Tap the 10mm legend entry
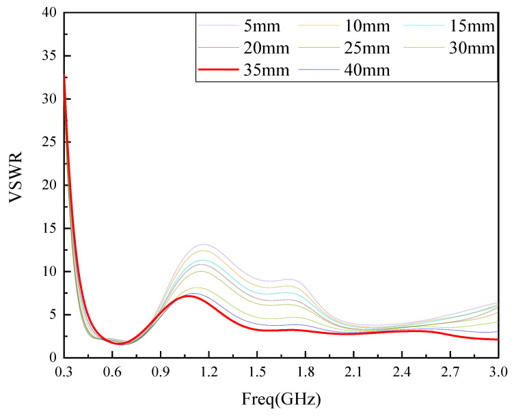tap(368, 27)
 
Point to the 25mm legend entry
tap(368, 48)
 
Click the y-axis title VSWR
tap(18, 184)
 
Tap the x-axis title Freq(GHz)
tap(281, 398)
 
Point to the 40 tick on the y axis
tap(49, 13)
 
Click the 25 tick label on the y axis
tap(49, 142)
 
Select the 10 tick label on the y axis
tap(49, 272)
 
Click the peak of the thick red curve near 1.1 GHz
tap(188, 296)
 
